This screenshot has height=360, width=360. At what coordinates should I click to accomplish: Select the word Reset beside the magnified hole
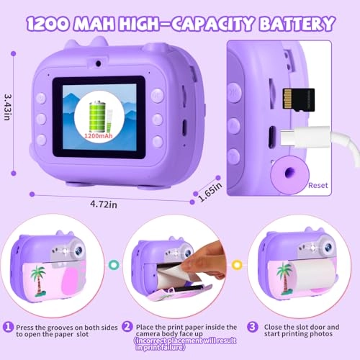(x=318, y=185)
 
